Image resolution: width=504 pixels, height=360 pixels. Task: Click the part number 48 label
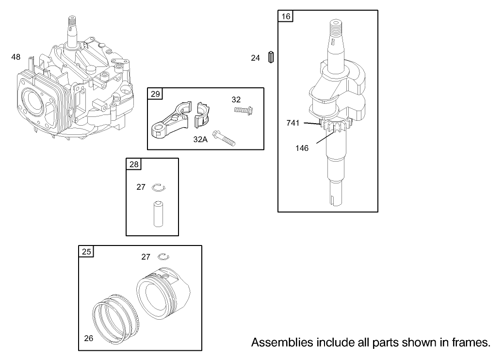tap(16, 57)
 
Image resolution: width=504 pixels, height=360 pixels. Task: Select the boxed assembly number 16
tap(286, 16)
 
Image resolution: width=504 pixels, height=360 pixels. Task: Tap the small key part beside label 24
tap(272, 57)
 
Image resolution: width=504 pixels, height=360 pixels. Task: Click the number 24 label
tap(256, 58)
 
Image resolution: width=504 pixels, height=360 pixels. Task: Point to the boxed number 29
tap(155, 94)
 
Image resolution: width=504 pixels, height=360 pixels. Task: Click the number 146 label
tap(302, 148)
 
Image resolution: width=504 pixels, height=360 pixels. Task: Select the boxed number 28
tap(134, 164)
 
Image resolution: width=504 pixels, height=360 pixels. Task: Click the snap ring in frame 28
tap(159, 187)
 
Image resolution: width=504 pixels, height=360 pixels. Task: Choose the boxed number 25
tap(86, 252)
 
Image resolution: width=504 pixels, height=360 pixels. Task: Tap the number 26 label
tap(88, 338)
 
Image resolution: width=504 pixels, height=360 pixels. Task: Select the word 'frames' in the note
tap(470, 343)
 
